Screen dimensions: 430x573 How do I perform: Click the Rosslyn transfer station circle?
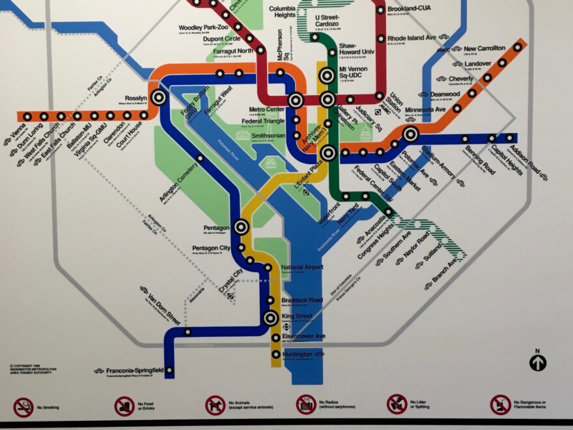[158, 98]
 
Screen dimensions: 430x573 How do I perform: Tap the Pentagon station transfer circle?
[241, 227]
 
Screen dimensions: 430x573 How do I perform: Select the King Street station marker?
[271, 318]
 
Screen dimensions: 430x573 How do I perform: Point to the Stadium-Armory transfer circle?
[410, 134]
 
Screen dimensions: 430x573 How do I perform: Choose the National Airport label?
[302, 268]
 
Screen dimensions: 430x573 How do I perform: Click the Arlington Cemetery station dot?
[200, 158]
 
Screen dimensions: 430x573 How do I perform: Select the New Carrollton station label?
[484, 48]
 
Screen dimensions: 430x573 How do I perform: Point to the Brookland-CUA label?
[410, 8]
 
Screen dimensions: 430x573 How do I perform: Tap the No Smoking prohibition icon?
[23, 407]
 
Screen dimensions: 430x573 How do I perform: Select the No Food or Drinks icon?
[124, 407]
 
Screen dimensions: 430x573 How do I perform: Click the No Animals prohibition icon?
[215, 406]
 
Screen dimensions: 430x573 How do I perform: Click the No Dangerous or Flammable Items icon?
[500, 405]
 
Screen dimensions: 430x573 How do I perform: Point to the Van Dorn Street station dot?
[188, 332]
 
